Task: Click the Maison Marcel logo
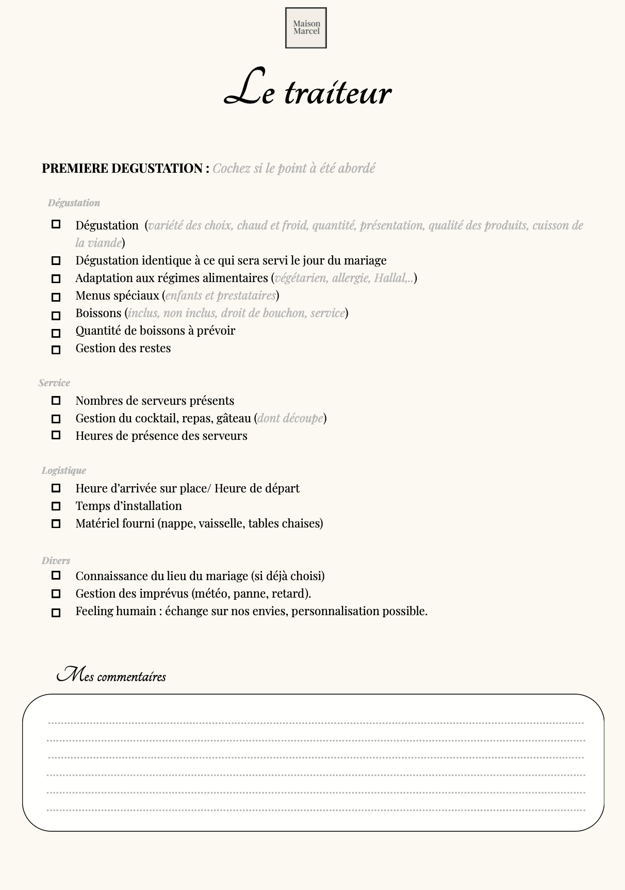(306, 28)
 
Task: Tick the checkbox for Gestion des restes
(56, 350)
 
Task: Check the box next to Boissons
(56, 315)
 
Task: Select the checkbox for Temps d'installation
(56, 506)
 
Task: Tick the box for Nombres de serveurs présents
(56, 401)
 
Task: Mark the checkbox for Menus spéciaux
(56, 297)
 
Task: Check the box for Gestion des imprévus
(56, 594)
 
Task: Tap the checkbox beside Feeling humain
(56, 613)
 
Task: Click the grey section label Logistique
(64, 470)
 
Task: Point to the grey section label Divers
(56, 561)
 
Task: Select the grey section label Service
(54, 383)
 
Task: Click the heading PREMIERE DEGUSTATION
(122, 169)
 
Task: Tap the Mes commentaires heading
(111, 675)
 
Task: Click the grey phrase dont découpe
(290, 418)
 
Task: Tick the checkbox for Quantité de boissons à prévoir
(56, 333)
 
